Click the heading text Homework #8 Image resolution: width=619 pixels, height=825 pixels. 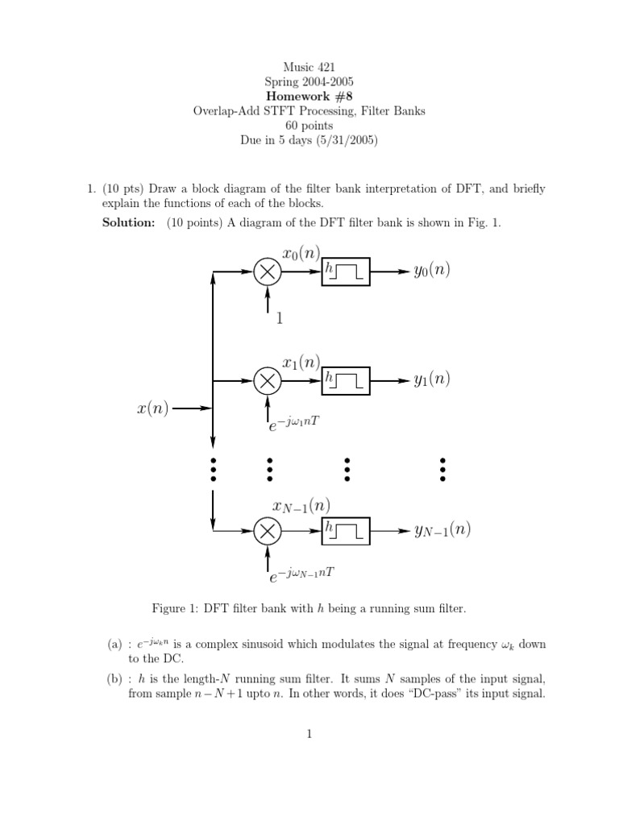pyautogui.click(x=309, y=97)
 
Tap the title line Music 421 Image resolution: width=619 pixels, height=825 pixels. pyautogui.click(x=309, y=67)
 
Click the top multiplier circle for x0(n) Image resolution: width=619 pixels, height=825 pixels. pyautogui.click(x=268, y=272)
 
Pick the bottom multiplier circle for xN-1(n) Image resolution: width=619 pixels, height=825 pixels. pyautogui.click(x=268, y=530)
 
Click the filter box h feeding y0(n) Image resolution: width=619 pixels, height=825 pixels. pyautogui.click(x=346, y=272)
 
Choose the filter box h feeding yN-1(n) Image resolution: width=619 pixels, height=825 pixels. pyautogui.click(x=346, y=530)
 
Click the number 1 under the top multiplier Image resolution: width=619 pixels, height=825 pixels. pyautogui.click(x=280, y=318)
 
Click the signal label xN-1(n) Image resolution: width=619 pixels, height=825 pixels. pyautogui.click(x=301, y=506)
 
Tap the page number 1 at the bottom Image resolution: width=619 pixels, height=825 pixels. pyautogui.click(x=309, y=733)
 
